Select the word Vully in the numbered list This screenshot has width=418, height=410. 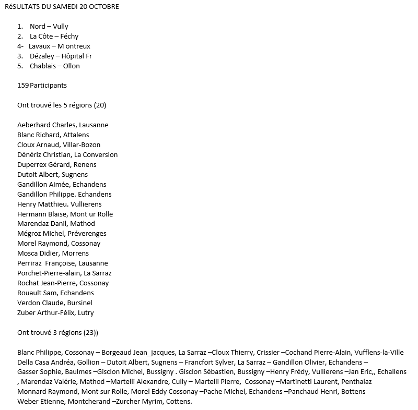(61, 26)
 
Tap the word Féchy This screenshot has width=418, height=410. (69, 36)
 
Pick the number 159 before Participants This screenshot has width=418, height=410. (23, 85)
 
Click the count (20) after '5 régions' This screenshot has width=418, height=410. (99, 105)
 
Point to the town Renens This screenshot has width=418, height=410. (85, 165)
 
